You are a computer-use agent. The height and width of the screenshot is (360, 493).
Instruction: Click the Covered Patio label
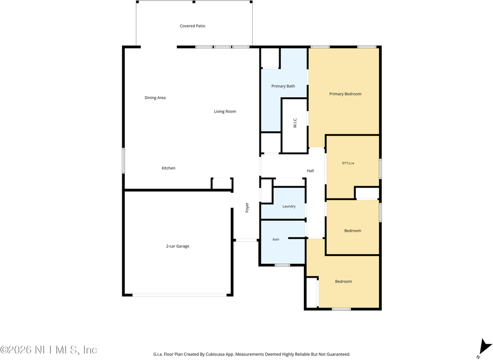click(193, 26)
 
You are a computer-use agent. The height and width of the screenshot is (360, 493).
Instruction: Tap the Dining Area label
click(155, 98)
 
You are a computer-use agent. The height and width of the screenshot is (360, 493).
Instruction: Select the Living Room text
click(225, 111)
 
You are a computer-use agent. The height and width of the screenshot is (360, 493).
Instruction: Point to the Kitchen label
click(169, 168)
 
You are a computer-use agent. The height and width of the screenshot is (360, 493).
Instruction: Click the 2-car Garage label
click(178, 246)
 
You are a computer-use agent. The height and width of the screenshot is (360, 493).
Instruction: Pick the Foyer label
click(247, 207)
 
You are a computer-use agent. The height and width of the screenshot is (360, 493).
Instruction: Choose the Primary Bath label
click(283, 86)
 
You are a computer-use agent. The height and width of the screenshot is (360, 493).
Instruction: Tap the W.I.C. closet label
click(295, 123)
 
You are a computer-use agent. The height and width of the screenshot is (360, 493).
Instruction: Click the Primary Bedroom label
click(345, 94)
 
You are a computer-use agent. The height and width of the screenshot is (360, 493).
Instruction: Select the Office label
click(348, 163)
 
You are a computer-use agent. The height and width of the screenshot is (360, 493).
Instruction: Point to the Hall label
click(311, 171)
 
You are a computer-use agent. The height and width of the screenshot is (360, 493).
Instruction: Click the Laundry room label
click(289, 206)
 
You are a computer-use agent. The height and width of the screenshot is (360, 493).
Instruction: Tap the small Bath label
click(276, 240)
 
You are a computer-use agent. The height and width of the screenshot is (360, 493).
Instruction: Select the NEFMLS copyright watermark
click(49, 349)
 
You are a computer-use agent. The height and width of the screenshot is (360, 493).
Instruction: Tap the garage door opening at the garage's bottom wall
click(179, 295)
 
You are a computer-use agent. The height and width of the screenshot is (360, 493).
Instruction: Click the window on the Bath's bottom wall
click(282, 265)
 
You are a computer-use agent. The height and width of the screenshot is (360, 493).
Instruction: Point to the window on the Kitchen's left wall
click(123, 161)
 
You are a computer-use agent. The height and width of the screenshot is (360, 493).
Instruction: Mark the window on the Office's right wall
click(380, 169)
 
